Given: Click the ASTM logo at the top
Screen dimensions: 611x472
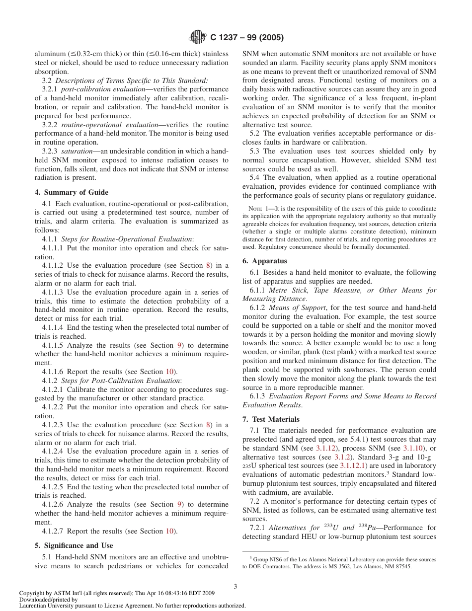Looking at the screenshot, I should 198,38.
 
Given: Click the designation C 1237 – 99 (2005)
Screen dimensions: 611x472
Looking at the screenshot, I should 247,38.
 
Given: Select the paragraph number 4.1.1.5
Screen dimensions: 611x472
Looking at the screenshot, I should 53,345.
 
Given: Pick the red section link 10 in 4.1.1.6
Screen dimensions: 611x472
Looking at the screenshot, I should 169,372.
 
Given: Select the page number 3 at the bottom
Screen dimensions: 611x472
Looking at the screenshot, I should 236,586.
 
